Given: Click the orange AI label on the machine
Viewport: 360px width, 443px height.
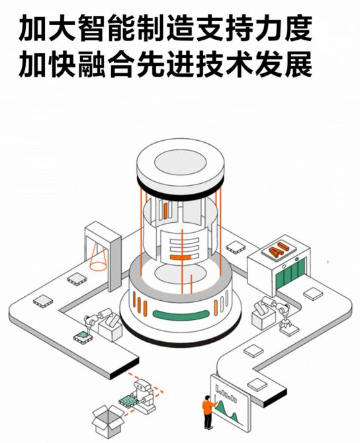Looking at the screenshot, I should click(x=275, y=251).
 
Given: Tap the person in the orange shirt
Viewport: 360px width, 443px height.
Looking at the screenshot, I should click(x=207, y=411).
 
